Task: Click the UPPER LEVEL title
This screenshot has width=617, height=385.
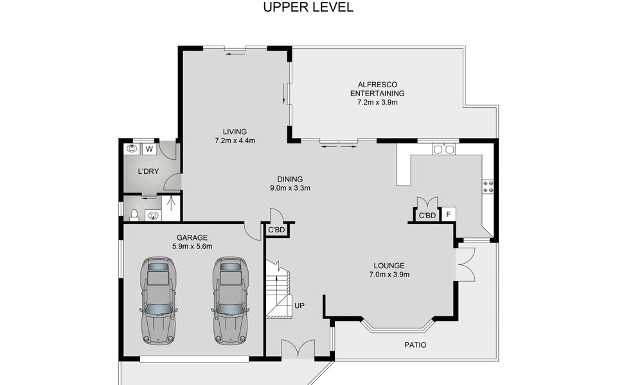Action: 308,7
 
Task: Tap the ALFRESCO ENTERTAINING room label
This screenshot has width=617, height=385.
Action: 377,89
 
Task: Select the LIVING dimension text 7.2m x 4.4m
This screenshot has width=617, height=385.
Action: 235,141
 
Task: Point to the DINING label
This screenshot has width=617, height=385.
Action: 290,179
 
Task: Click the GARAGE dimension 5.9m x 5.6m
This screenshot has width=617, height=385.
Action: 192,246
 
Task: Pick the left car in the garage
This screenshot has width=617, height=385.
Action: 158,301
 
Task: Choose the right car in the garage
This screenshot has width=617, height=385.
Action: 231,301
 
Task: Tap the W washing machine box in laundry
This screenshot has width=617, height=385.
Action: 149,150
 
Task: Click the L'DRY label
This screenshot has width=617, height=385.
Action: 148,171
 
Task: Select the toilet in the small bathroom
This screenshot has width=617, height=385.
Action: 134,215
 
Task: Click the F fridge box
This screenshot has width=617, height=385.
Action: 448,214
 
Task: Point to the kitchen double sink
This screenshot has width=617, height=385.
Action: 443,150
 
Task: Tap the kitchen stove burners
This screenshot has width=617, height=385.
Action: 488,187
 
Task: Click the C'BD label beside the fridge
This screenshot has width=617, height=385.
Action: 427,216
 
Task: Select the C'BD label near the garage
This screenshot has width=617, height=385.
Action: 276,230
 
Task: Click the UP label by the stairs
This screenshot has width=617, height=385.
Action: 300,305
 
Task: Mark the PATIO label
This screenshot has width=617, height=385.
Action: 415,345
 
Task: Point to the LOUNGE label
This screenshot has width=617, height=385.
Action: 389,266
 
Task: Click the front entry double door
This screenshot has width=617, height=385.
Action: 298,349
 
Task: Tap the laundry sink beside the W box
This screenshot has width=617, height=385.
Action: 132,149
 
